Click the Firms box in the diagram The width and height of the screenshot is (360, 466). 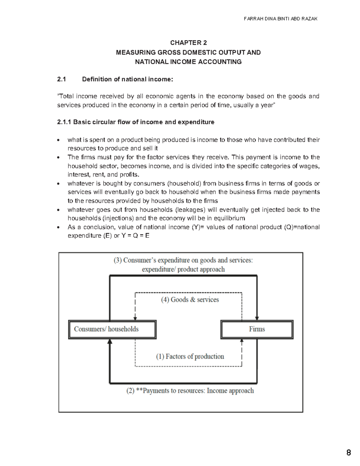pyautogui.click(x=257, y=329)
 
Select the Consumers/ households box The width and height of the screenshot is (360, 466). pyautogui.click(x=112, y=329)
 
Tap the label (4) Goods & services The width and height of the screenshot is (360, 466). pyautogui.click(x=190, y=300)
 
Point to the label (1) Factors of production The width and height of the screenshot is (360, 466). pyautogui.click(x=190, y=356)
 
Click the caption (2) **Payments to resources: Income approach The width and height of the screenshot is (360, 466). pyautogui.click(x=190, y=391)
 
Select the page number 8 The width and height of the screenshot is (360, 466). pyautogui.click(x=348, y=453)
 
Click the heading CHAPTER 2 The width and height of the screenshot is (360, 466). pyautogui.click(x=188, y=43)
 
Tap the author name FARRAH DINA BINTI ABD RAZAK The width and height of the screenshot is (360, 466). pyautogui.click(x=280, y=19)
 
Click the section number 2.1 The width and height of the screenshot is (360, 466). pyautogui.click(x=61, y=79)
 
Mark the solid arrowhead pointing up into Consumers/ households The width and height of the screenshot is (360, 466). pyautogui.click(x=110, y=341)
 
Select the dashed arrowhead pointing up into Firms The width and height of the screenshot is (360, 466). pyautogui.click(x=242, y=341)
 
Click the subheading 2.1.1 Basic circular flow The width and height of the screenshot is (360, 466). pyautogui.click(x=136, y=122)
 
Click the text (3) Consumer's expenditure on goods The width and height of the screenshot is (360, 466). pyautogui.click(x=183, y=260)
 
